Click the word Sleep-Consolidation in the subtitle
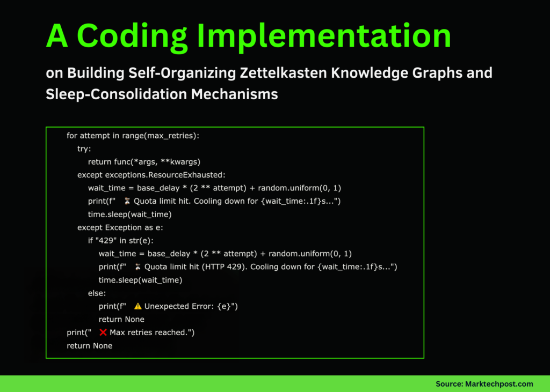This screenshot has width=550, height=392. click(x=115, y=94)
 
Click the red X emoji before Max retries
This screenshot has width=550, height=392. click(x=103, y=332)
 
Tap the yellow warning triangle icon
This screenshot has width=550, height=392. click(x=138, y=306)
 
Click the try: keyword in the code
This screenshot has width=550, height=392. click(x=84, y=149)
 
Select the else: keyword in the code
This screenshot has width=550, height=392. click(x=97, y=293)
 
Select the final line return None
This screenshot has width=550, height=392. click(x=90, y=346)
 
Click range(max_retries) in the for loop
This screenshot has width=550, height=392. click(x=161, y=136)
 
